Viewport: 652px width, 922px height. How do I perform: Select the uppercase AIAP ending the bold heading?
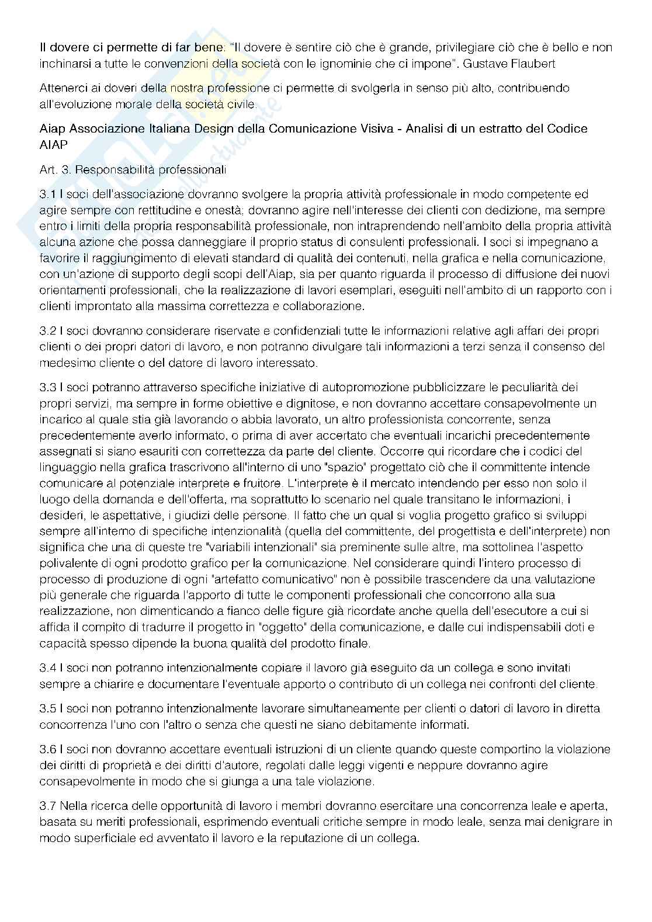click(54, 144)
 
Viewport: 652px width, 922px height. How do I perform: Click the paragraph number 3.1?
click(48, 194)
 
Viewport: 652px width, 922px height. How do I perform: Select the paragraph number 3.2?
click(48, 330)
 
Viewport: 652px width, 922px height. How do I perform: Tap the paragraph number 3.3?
click(48, 387)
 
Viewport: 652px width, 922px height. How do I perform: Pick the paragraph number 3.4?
click(48, 667)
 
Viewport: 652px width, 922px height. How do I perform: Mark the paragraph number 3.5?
click(48, 708)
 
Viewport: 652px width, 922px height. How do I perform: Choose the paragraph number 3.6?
click(48, 749)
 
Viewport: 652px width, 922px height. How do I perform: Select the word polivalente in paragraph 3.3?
click(67, 563)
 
